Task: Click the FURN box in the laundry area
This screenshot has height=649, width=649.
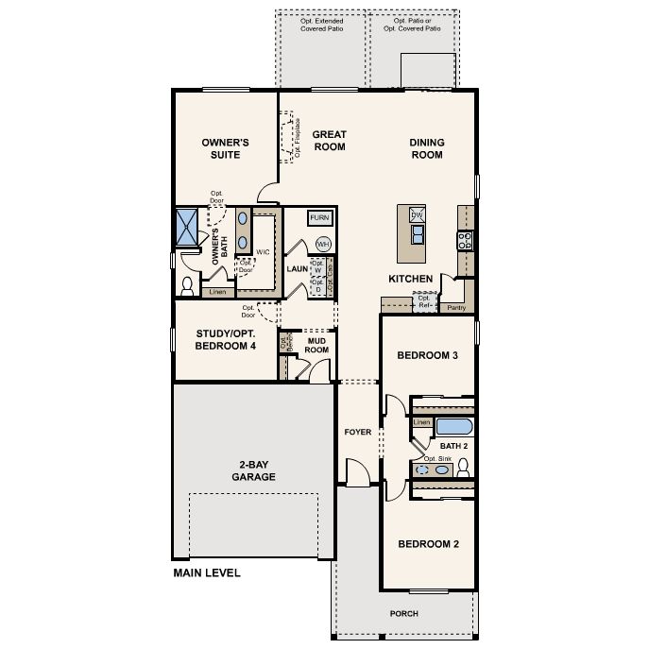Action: click(x=320, y=218)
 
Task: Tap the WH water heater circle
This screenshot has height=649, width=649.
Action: click(x=323, y=243)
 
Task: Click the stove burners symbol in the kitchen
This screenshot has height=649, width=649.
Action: click(x=464, y=239)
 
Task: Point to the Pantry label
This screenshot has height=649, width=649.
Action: click(x=456, y=307)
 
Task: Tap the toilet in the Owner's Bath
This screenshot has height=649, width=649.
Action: click(x=187, y=283)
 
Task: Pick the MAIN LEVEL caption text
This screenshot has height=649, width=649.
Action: click(x=206, y=572)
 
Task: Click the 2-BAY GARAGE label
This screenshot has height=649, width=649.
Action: click(x=251, y=470)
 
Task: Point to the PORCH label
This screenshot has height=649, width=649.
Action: click(x=403, y=613)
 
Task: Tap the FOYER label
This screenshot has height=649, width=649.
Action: click(x=358, y=432)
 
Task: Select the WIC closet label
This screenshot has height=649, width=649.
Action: click(x=263, y=252)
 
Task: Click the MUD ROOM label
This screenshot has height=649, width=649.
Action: click(x=316, y=345)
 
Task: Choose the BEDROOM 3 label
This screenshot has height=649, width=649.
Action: click(x=427, y=355)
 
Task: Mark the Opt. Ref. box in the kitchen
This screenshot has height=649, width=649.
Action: click(x=423, y=303)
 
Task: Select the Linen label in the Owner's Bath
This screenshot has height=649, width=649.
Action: click(x=217, y=292)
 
